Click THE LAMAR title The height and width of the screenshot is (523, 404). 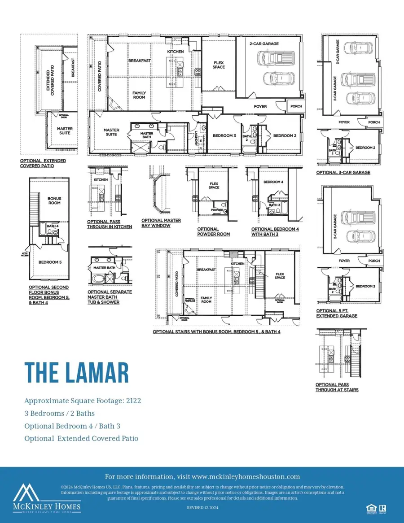click(x=76, y=372)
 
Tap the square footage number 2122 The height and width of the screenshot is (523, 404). click(x=133, y=401)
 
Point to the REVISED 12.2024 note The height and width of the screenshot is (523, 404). click(x=202, y=507)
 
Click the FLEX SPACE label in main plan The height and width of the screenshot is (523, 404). click(x=219, y=65)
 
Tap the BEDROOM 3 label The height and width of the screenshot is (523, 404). click(x=224, y=135)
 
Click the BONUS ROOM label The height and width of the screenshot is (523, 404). click(x=54, y=200)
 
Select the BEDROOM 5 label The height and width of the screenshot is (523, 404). click(x=50, y=262)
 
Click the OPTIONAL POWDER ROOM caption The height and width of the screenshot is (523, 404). click(x=214, y=231)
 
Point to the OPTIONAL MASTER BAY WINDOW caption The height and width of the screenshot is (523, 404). click(x=161, y=223)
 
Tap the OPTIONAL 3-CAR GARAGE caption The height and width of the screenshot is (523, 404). click(x=343, y=172)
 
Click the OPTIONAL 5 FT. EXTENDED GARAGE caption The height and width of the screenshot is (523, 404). click(x=337, y=313)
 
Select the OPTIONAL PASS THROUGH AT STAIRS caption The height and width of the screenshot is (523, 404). click(x=337, y=387)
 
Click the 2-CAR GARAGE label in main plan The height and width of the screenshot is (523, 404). click(x=264, y=44)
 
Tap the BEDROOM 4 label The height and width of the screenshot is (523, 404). click(x=273, y=182)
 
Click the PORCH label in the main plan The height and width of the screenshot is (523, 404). click(x=296, y=106)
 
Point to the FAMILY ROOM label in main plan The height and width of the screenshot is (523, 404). click(x=139, y=95)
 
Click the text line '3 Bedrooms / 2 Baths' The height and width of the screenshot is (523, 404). click(x=59, y=413)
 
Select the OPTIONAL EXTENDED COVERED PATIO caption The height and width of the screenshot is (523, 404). click(x=43, y=163)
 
